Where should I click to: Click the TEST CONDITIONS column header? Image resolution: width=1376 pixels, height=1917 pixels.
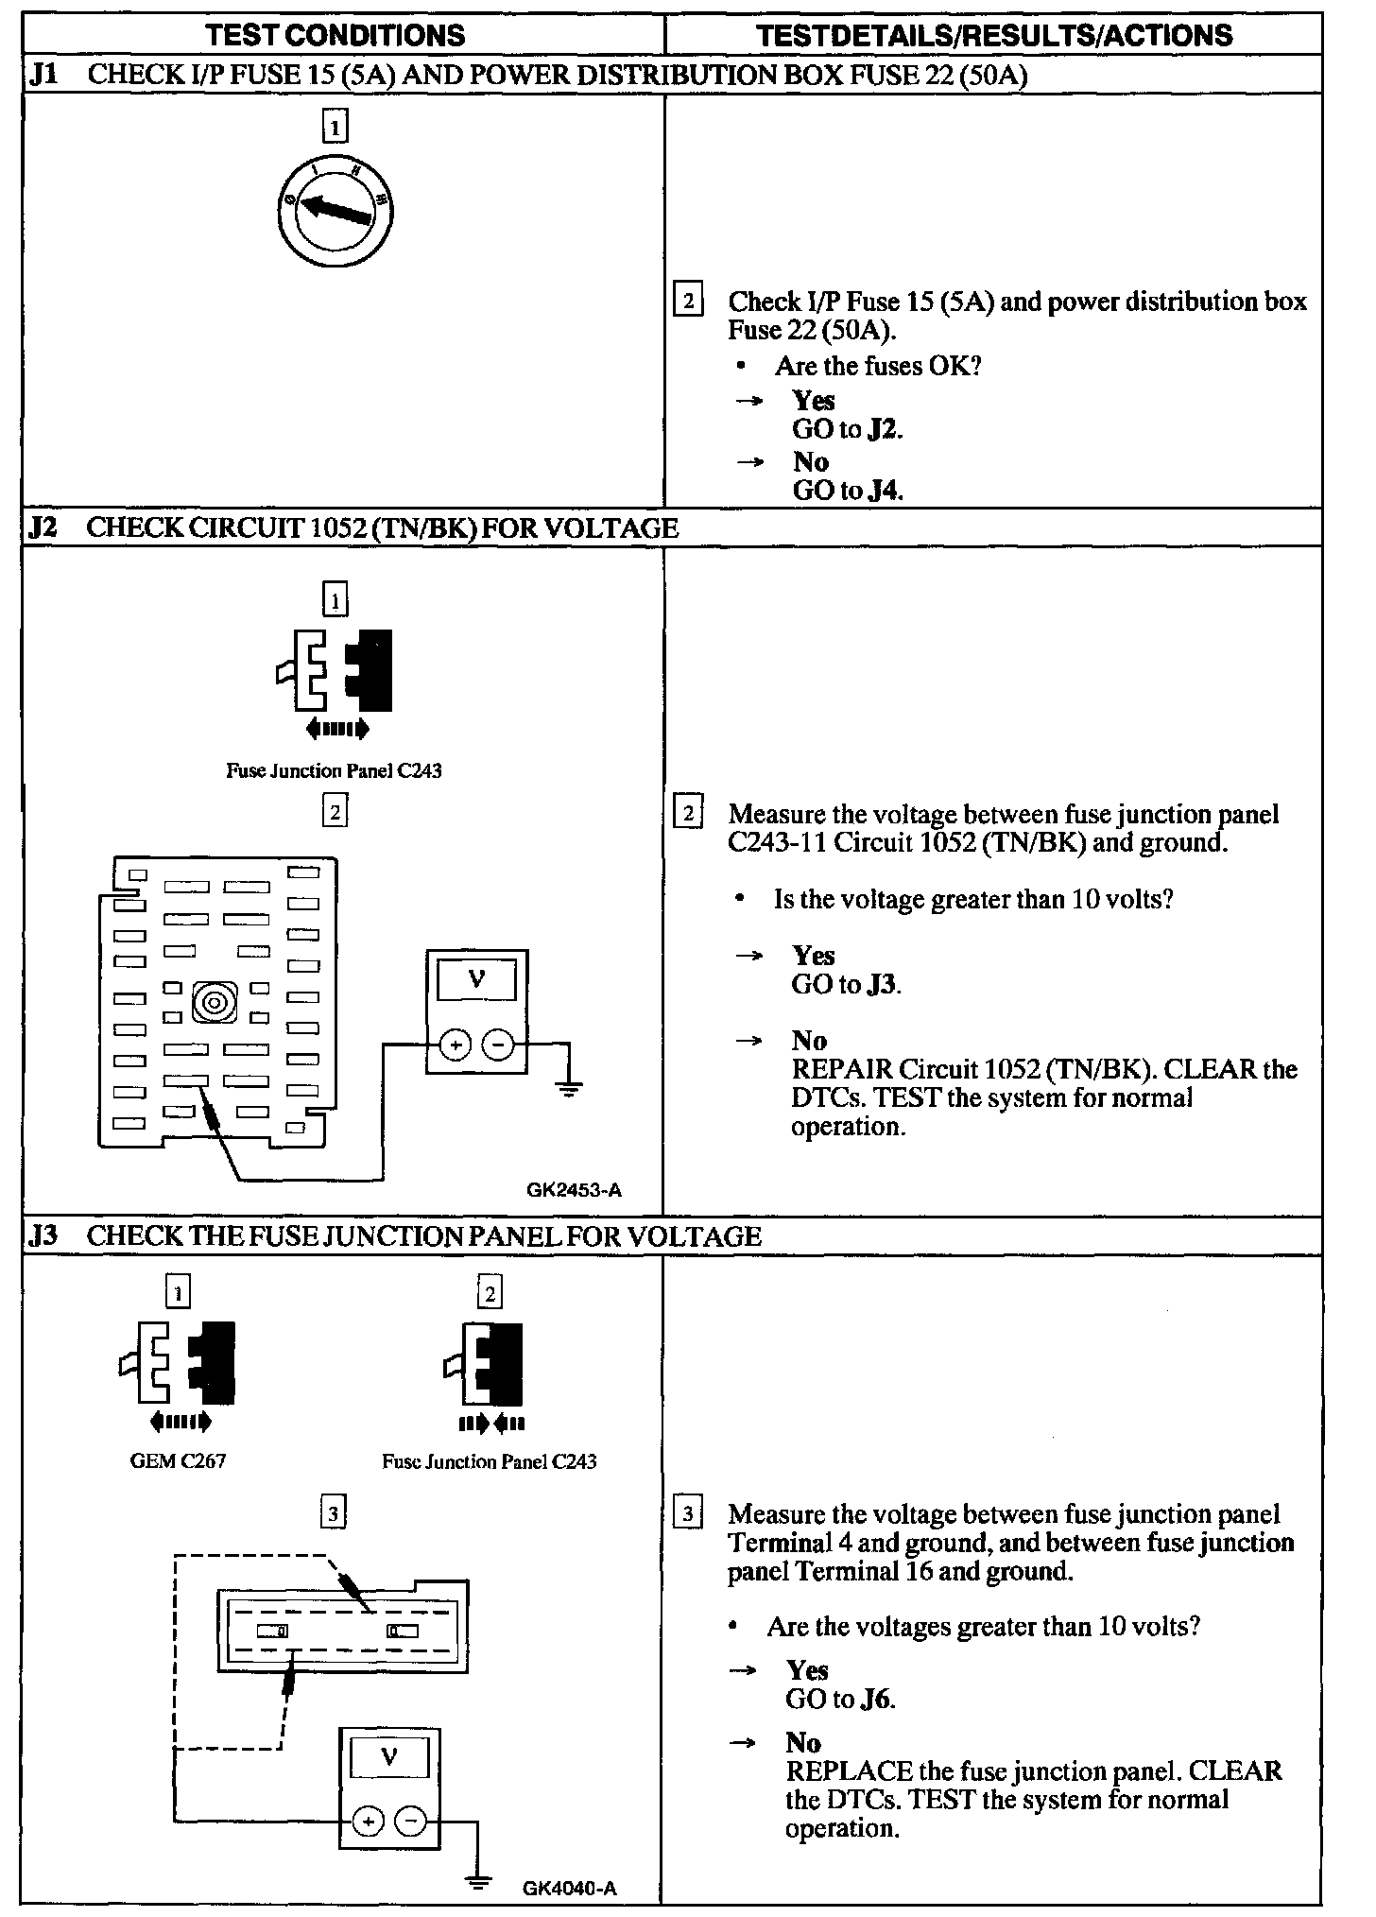pyautogui.click(x=335, y=36)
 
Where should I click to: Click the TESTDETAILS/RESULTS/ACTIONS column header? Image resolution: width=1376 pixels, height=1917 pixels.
pyautogui.click(x=994, y=36)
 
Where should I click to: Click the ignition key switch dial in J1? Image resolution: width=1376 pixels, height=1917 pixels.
pyautogui.click(x=335, y=210)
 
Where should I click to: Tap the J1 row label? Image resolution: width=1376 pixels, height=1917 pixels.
pyautogui.click(x=44, y=75)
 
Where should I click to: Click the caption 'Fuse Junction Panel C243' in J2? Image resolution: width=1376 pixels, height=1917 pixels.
pyautogui.click(x=334, y=770)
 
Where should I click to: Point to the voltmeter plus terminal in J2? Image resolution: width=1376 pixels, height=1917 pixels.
pyautogui.click(x=455, y=1045)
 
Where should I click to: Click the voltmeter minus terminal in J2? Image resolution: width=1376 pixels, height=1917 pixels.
pyautogui.click(x=498, y=1045)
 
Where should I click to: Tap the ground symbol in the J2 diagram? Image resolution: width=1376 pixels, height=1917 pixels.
pyautogui.click(x=568, y=1089)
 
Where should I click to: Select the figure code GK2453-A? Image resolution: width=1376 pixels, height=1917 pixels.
pyautogui.click(x=575, y=1190)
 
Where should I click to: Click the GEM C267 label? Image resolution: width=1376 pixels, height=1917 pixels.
pyautogui.click(x=178, y=1460)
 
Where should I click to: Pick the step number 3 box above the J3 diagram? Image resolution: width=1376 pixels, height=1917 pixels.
pyautogui.click(x=333, y=1514)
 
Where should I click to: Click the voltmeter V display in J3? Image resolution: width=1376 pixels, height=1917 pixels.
pyautogui.click(x=389, y=1756)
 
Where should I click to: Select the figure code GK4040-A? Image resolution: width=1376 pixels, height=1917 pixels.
pyautogui.click(x=569, y=1889)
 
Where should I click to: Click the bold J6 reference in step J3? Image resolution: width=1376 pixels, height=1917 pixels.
pyautogui.click(x=876, y=1699)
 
